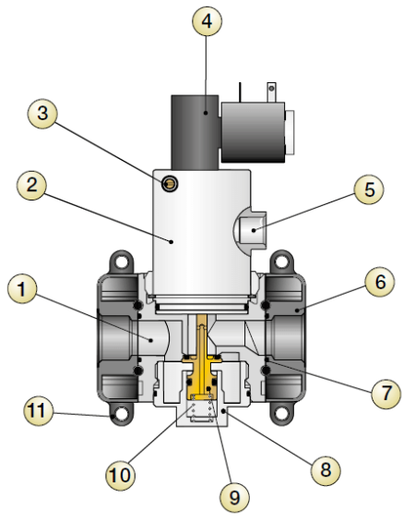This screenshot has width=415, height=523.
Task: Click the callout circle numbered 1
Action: pyautogui.click(x=24, y=291)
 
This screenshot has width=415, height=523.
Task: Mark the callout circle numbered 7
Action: pyautogui.click(x=385, y=392)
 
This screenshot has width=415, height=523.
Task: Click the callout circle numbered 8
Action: pyautogui.click(x=322, y=469)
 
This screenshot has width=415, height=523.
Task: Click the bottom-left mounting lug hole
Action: pyautogui.click(x=116, y=417)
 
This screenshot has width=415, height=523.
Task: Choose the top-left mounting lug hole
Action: pyautogui.click(x=116, y=262)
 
